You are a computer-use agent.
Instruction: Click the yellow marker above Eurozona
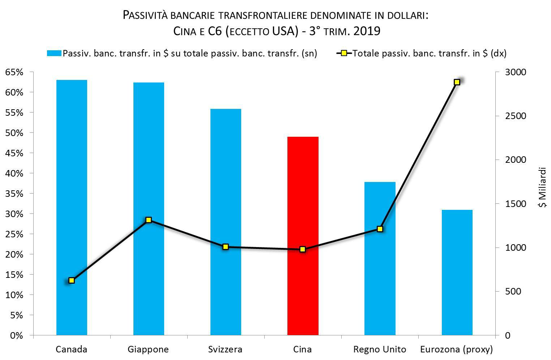[457, 82]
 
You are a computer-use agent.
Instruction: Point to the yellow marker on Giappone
[149, 220]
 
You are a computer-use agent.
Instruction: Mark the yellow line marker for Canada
[72, 280]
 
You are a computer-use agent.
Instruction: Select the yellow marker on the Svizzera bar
[226, 247]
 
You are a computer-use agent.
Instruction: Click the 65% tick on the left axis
[14, 72]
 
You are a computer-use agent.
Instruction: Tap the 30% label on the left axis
[14, 214]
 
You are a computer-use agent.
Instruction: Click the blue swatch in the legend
[54, 54]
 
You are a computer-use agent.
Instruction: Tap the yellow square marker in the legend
[344, 54]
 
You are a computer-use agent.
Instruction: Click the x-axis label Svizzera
[225, 350]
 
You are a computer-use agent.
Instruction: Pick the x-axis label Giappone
[148, 350]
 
